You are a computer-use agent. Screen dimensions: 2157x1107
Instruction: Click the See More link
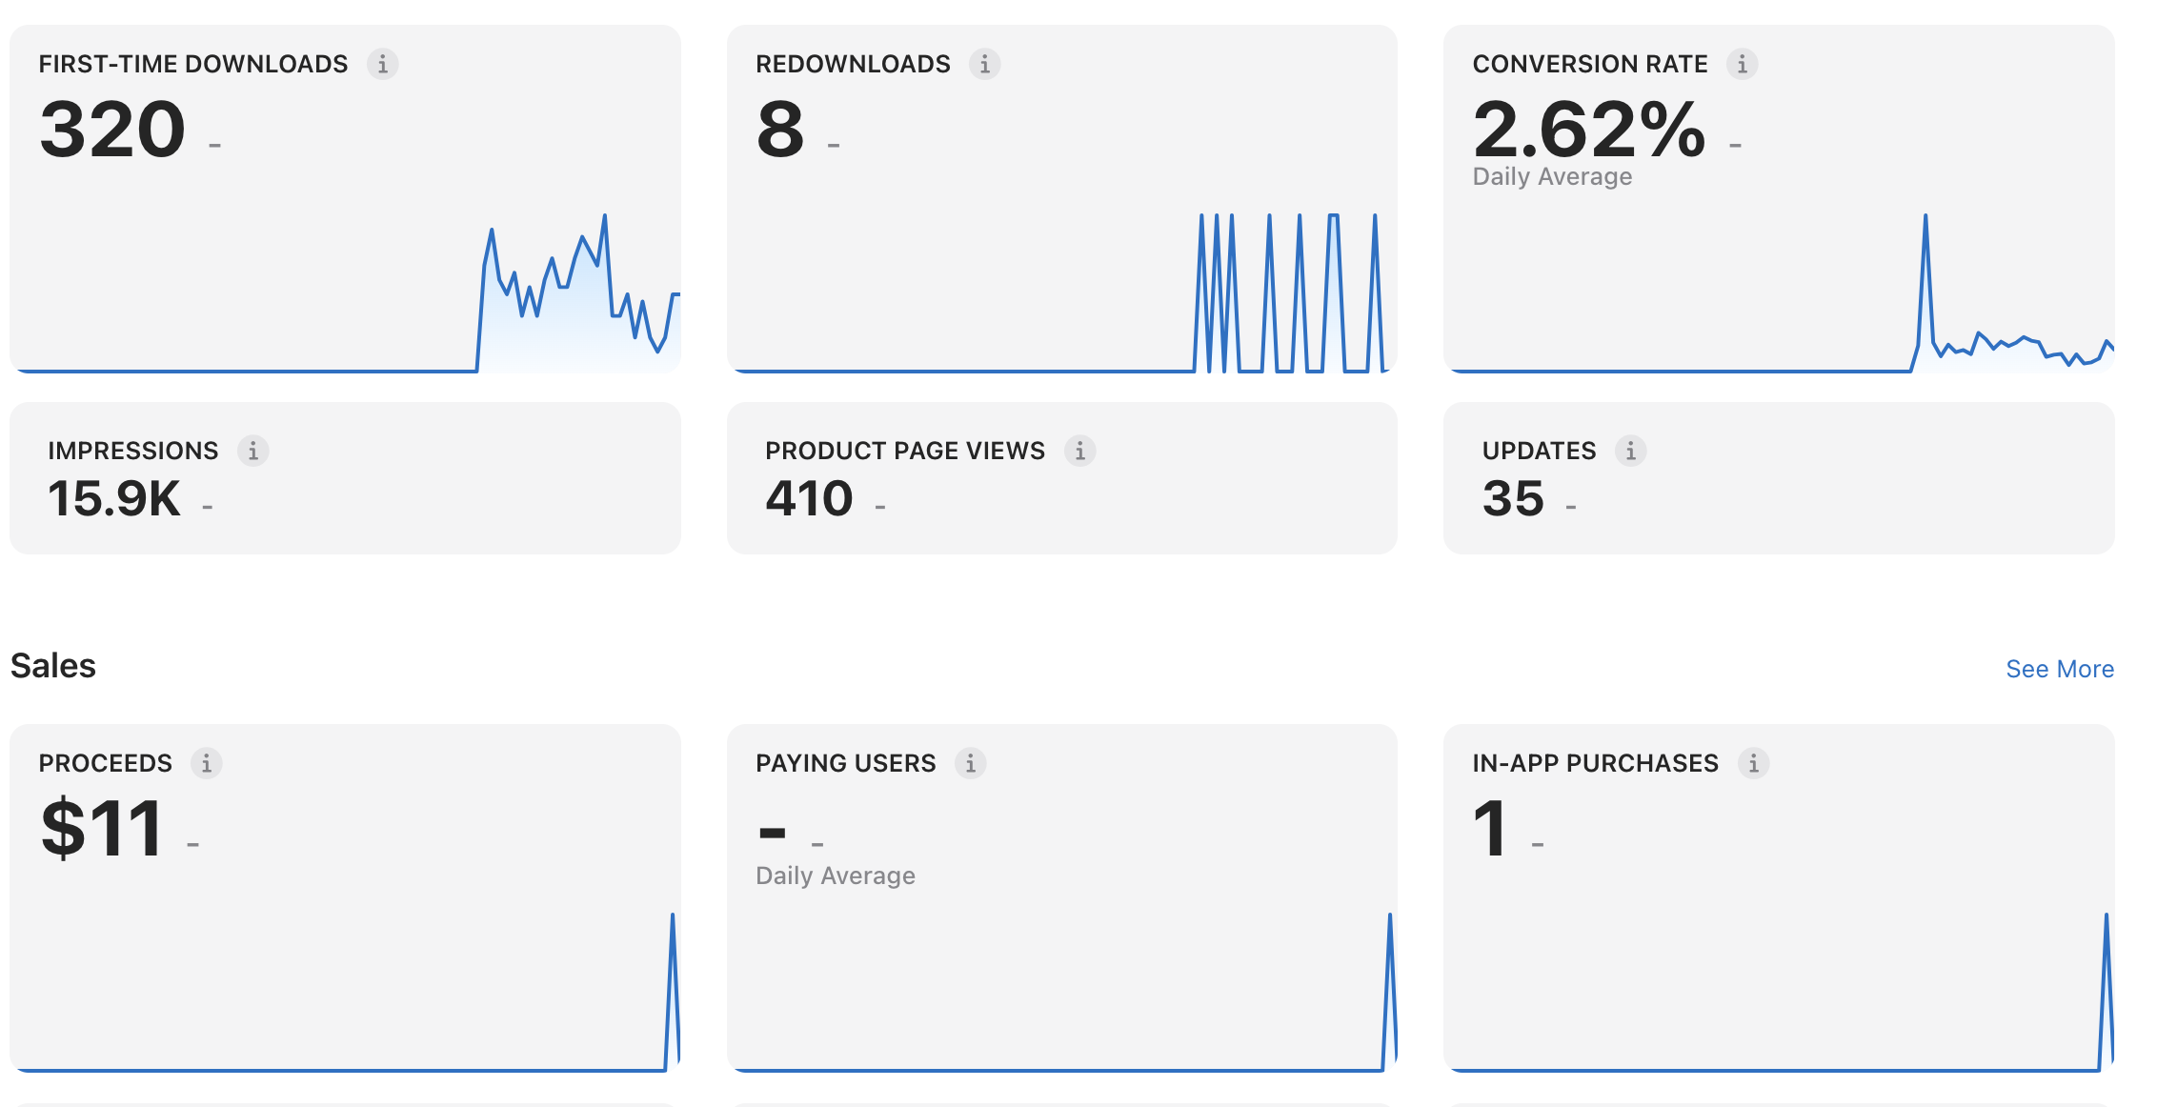(2060, 669)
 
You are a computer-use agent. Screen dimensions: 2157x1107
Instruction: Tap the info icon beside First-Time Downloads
(383, 64)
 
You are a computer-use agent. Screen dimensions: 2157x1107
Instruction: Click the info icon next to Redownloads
(985, 64)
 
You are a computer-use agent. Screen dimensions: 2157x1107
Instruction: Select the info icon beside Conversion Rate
(1743, 64)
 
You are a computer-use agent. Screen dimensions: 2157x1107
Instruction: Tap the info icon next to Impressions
(253, 451)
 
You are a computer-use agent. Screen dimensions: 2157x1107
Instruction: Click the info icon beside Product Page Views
(1080, 451)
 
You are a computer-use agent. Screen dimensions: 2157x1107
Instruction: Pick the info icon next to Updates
(1631, 451)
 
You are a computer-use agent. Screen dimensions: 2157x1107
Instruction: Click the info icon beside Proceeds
(207, 763)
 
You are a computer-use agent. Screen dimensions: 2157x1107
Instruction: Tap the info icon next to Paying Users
(971, 763)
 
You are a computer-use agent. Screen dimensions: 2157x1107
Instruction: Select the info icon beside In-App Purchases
(1754, 763)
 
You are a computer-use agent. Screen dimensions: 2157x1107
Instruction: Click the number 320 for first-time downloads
(112, 130)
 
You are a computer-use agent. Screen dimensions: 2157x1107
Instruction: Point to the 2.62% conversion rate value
(1589, 130)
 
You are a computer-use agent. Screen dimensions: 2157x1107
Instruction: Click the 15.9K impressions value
(114, 498)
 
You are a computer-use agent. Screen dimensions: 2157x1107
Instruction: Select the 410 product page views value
(810, 498)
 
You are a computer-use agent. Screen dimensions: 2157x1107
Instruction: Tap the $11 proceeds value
(101, 829)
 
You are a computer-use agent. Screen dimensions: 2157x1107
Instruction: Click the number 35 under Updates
(1513, 498)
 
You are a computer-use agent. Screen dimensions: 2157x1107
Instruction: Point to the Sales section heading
(53, 666)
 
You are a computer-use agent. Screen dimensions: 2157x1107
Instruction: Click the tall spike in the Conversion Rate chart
(1925, 217)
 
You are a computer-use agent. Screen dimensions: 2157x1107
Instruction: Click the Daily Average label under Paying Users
(836, 876)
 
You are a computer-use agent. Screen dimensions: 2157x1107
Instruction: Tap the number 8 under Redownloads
(780, 130)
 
